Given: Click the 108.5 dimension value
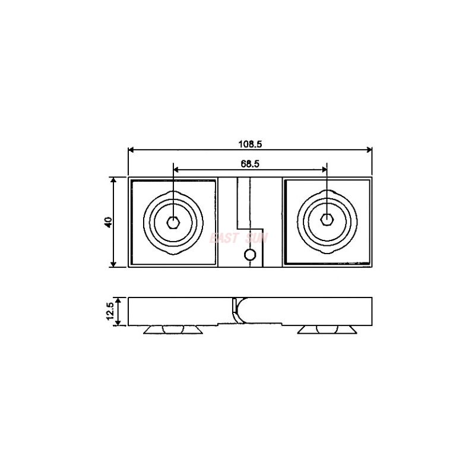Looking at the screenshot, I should click(x=250, y=143).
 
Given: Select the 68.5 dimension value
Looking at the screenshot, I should click(x=250, y=163).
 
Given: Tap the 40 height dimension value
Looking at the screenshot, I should click(x=107, y=222).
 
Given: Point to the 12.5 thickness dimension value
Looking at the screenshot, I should click(x=109, y=312).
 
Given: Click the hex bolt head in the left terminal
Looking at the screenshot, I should click(x=173, y=222).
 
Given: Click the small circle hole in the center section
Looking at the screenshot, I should click(x=250, y=255).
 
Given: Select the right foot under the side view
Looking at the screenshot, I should click(x=327, y=329).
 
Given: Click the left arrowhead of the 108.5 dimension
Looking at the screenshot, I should click(x=131, y=150).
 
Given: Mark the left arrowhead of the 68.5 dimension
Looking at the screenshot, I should click(x=175, y=169).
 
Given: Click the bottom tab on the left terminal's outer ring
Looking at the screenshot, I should click(x=173, y=252).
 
